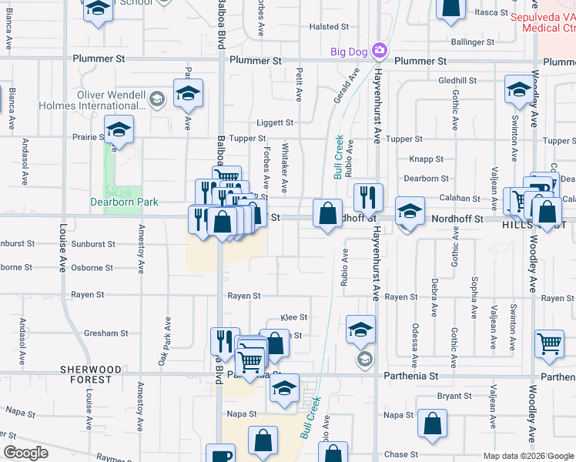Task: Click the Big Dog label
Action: coord(348,52)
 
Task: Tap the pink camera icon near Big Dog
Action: coord(379,52)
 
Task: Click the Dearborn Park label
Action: coord(123,202)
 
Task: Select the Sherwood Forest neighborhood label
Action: coord(91,375)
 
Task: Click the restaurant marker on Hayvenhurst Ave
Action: coord(368,197)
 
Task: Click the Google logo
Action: coord(26,453)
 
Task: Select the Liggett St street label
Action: coord(275,122)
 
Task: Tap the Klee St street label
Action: coord(294,317)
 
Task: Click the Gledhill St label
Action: coord(457,80)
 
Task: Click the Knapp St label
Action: coord(428,159)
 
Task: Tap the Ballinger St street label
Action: coord(472,42)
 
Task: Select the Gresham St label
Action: coord(106,333)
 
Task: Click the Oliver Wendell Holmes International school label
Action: coord(111,100)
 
